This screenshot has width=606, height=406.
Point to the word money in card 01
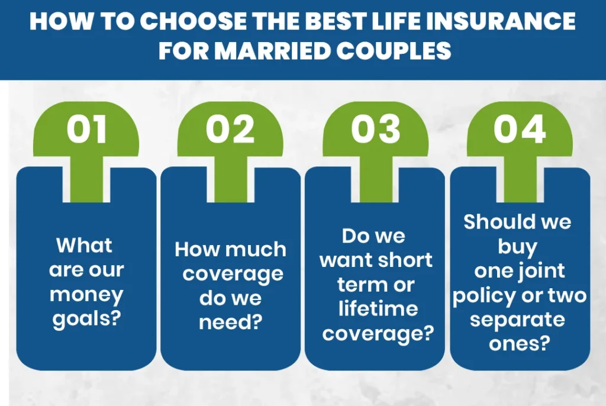86,294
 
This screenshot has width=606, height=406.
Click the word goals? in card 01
86,320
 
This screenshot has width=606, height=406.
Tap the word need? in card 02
230,323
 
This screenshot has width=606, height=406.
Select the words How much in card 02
230,249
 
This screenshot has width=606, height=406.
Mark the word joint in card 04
542,270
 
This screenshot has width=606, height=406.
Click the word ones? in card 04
519,344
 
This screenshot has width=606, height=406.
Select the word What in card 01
85,245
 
